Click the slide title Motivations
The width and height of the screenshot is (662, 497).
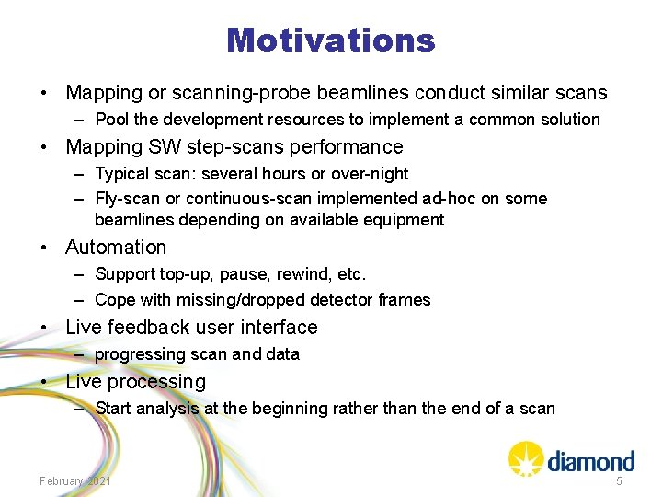pyautogui.click(x=330, y=40)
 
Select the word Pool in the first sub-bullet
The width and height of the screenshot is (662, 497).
pyautogui.click(x=111, y=120)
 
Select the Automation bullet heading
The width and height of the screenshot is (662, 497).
pyautogui.click(x=116, y=248)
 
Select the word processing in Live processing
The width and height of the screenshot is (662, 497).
pyautogui.click(x=156, y=382)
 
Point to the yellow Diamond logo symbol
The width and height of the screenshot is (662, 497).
pyautogui.click(x=526, y=458)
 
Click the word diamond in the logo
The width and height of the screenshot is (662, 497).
pyautogui.click(x=591, y=460)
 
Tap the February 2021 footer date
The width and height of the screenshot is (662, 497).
pyautogui.click(x=75, y=481)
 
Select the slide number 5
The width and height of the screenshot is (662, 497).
pyautogui.click(x=619, y=481)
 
